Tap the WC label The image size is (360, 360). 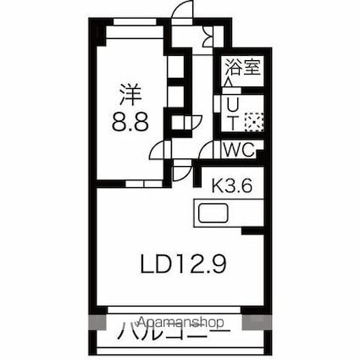[x=240, y=150]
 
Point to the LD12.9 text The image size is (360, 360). [x=182, y=263]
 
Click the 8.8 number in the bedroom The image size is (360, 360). [x=131, y=121]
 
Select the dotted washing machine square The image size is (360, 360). [x=252, y=122]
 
